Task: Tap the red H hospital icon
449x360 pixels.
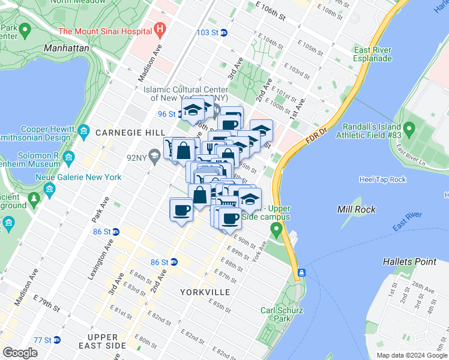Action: pos(159,28)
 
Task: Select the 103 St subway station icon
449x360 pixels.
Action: pos(223,32)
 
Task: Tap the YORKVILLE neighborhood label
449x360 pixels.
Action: pos(205,292)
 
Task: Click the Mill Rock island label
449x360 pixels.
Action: pos(357,209)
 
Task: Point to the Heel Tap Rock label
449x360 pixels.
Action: pos(382,179)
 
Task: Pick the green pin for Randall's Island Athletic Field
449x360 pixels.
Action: pos(409,128)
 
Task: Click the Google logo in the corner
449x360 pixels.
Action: pos(20,353)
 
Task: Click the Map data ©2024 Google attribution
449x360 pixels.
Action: pos(411,355)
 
